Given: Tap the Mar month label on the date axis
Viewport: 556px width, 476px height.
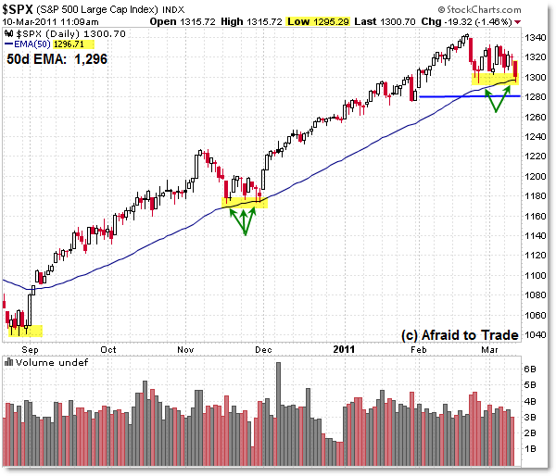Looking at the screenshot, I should (x=489, y=349).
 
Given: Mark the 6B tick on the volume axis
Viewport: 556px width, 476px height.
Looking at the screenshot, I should (x=530, y=368).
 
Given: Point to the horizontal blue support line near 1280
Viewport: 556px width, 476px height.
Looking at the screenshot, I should (x=463, y=96).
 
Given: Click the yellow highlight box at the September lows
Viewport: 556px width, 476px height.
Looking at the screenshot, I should (x=24, y=330).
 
